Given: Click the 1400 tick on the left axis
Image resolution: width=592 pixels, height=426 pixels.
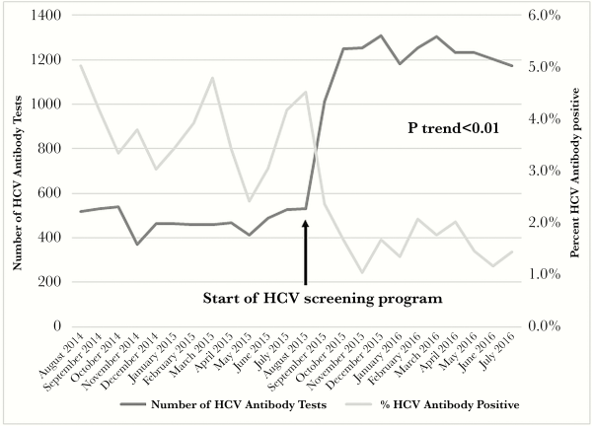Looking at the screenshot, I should point(45,16).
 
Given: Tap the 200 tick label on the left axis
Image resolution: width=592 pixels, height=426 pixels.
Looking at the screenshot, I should point(49,281).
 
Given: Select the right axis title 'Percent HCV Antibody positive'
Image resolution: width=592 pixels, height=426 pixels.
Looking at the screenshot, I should point(579,171).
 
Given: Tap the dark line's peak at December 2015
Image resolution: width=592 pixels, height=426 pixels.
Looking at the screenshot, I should point(380,35).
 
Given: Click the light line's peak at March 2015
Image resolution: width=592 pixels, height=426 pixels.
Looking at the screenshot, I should point(211,78).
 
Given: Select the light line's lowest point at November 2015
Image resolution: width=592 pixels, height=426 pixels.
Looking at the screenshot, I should point(362,272).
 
